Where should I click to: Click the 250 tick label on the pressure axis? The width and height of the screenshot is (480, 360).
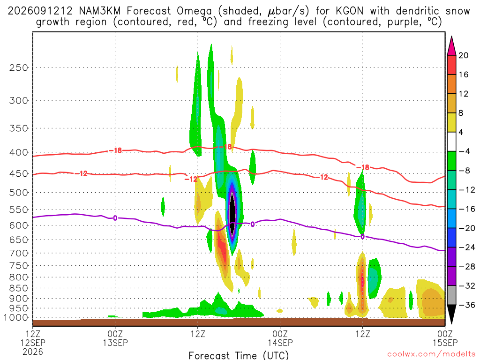coord(19,67)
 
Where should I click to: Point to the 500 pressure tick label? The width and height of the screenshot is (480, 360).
coord(19,193)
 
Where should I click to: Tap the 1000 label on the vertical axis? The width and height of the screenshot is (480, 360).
coord(16,318)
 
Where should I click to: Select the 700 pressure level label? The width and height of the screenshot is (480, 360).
coord(19,253)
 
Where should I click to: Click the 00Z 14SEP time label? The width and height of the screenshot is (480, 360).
coord(280,337)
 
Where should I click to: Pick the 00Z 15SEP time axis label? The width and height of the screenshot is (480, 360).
coord(445,337)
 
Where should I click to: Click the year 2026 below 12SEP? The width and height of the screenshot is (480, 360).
coord(33,352)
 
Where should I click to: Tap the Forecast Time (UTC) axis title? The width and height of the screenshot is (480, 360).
coord(239,355)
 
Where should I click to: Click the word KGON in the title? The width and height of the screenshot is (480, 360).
coord(349,11)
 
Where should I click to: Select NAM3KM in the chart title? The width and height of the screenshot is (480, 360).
coord(99,11)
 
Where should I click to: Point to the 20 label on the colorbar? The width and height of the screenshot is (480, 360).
coord(464,55)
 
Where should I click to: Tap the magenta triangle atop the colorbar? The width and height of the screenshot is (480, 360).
coord(451,46)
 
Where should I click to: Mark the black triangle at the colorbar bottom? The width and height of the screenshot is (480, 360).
coord(451,314)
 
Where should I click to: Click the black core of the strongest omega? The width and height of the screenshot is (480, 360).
coord(232,213)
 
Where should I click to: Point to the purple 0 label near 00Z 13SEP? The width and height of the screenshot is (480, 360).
coord(115,218)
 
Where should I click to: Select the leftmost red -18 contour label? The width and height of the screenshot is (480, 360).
coord(116,150)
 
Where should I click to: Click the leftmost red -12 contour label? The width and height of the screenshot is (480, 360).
coord(82,173)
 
